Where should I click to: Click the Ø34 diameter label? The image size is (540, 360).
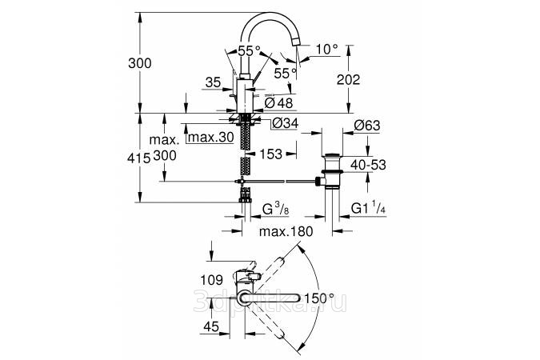[x=286, y=123]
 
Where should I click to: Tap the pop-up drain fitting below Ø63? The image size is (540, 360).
[x=330, y=170]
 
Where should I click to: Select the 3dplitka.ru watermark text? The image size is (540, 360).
[x=269, y=299]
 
